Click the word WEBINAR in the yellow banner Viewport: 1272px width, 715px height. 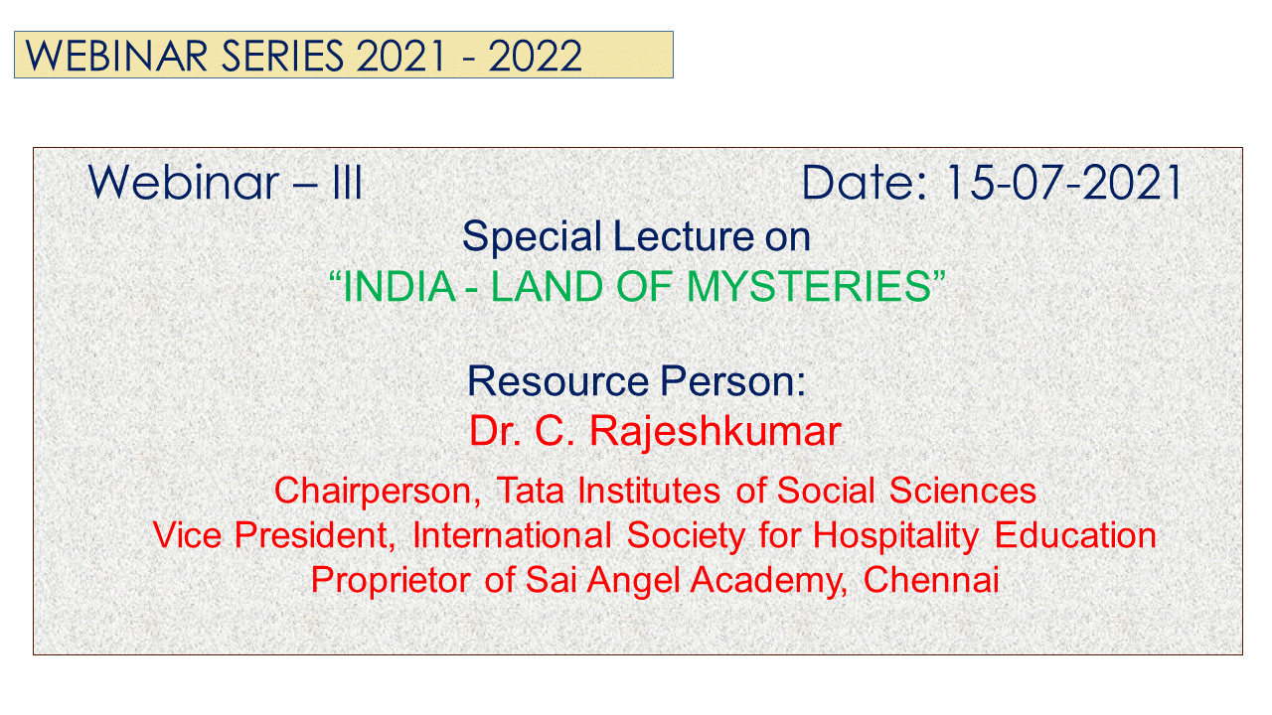point(116,56)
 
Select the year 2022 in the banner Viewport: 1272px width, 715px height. point(535,56)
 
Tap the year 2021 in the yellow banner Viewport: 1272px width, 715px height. point(400,56)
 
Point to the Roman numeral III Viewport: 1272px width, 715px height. point(347,183)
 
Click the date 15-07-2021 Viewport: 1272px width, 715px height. point(1063,183)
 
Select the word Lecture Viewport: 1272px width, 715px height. point(683,236)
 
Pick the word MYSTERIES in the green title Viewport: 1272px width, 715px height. point(809,286)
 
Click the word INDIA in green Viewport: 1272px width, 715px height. point(399,286)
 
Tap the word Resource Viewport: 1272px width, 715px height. point(557,380)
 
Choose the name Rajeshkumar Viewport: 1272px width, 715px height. point(715,432)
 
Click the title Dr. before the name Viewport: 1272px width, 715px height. point(495,431)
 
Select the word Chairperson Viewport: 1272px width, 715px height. point(377,492)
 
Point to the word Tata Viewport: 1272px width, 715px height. point(531,491)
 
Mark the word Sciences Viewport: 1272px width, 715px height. point(963,491)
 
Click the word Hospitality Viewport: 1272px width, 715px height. point(895,536)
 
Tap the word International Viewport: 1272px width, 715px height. point(512,535)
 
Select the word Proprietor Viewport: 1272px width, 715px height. point(391,581)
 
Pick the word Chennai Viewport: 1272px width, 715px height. point(931,580)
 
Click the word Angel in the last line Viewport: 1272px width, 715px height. point(633,582)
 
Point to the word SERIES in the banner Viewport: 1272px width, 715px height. point(282,56)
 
